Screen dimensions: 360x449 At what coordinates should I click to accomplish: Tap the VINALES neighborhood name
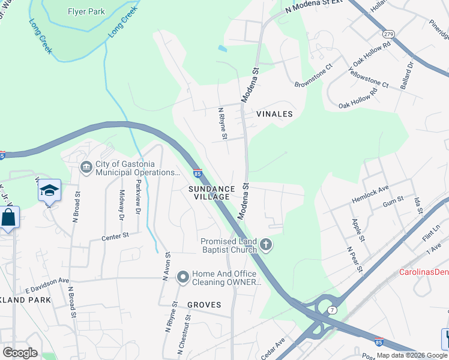[274, 114]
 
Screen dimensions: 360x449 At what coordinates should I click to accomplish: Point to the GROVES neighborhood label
[203, 305]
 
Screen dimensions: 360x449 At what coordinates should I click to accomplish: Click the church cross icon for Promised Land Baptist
[266, 245]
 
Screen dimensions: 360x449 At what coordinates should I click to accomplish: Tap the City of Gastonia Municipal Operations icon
[86, 166]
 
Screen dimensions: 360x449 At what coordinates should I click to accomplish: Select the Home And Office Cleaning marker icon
[183, 277]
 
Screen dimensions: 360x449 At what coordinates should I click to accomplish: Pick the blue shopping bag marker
[8, 217]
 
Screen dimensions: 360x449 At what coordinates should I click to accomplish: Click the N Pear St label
[355, 258]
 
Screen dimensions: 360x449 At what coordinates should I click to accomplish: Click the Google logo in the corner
[20, 353]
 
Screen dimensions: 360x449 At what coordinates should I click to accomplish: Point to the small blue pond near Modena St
[223, 48]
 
